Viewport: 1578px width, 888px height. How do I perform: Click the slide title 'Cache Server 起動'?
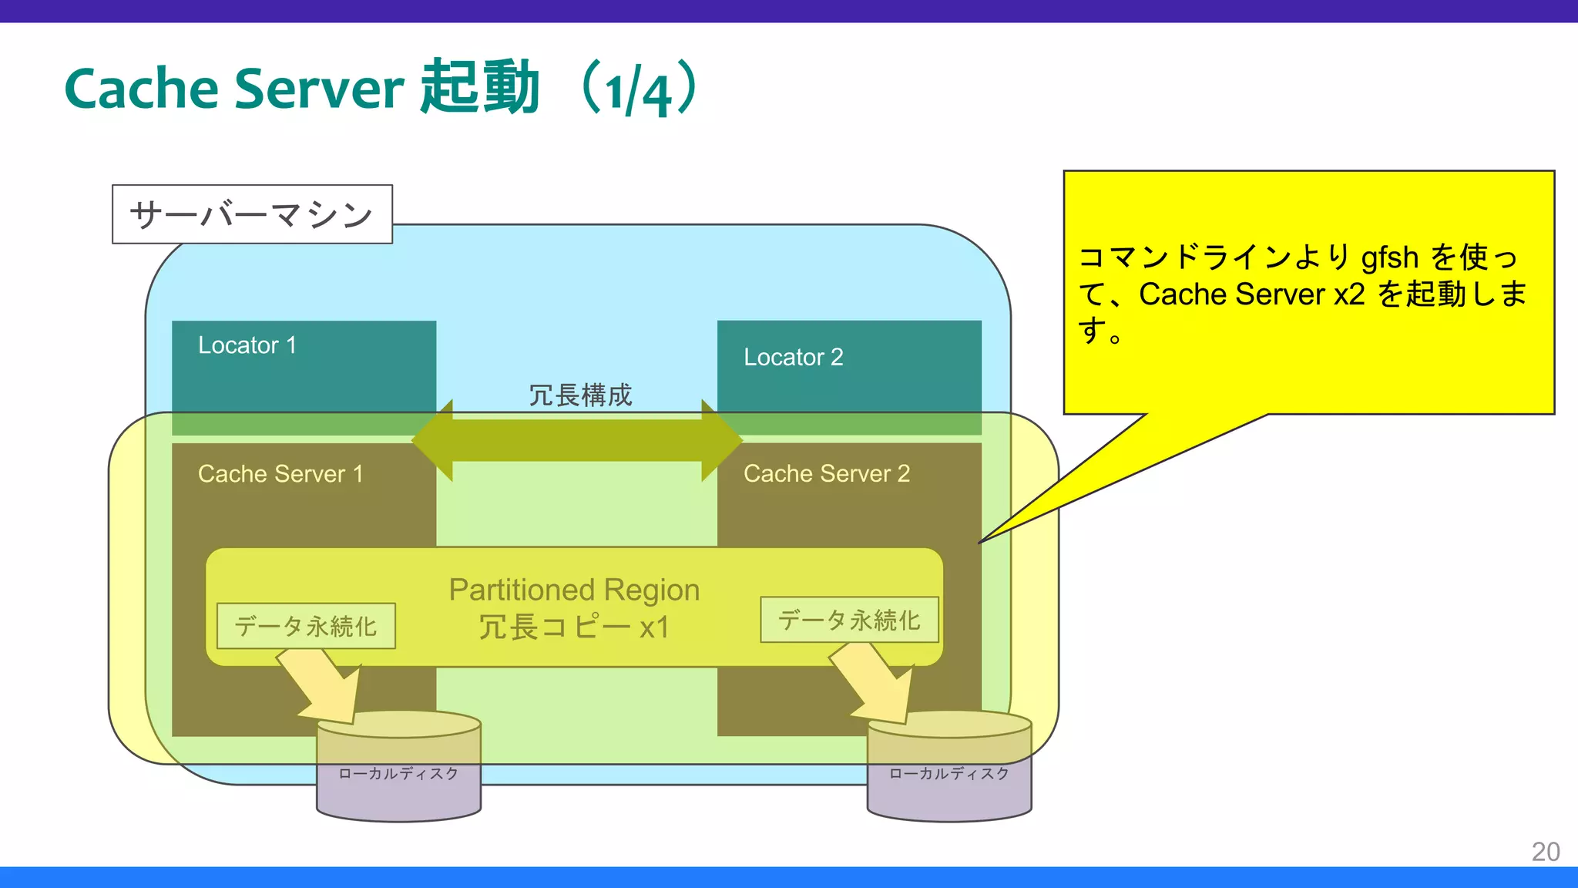[x=301, y=89]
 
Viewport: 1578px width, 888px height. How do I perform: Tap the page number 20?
[x=1545, y=851]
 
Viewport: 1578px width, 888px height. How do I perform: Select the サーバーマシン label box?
[x=252, y=214]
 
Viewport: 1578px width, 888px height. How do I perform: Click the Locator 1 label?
[x=247, y=345]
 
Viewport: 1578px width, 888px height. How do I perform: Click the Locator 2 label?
[x=793, y=358]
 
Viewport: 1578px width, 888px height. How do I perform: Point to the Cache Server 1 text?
[x=280, y=473]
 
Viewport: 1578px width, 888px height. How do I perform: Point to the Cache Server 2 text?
[x=826, y=473]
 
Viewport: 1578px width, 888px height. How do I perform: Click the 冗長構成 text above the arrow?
[x=579, y=395]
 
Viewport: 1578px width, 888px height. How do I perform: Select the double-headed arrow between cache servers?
[x=576, y=441]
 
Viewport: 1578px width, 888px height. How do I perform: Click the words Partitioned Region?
[x=574, y=590]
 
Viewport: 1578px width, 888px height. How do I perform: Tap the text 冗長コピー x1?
[x=574, y=627]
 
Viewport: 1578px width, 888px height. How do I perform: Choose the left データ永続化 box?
[x=306, y=626]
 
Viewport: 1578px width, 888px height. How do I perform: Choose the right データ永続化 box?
[x=849, y=620]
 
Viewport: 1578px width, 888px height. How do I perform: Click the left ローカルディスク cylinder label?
[x=398, y=773]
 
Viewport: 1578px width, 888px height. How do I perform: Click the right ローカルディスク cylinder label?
[x=948, y=773]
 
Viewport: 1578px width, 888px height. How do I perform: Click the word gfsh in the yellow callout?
[x=1389, y=257]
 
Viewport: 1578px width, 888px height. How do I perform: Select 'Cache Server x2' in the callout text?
[x=1251, y=294]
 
